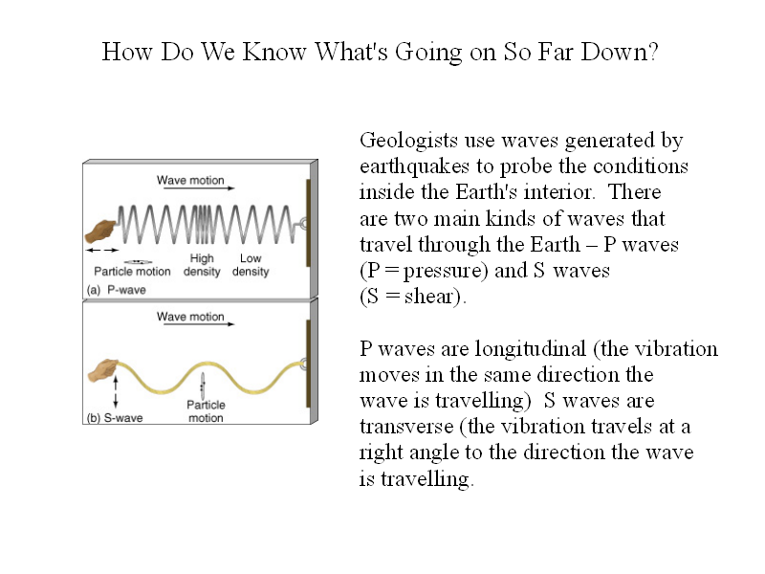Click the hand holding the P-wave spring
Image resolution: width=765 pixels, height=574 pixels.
point(100,232)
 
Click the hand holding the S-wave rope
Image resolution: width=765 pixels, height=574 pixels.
point(103,370)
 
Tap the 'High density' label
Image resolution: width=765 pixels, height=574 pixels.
point(202,265)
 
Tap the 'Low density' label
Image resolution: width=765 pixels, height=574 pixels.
point(251,265)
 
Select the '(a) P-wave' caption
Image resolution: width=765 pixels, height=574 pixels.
point(116,290)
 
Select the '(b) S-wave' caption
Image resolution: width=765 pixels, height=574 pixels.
point(115,418)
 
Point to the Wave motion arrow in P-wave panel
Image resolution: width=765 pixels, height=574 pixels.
point(199,188)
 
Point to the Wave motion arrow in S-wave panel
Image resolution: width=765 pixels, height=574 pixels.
point(199,324)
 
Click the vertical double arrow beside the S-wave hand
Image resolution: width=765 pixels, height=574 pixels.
point(116,391)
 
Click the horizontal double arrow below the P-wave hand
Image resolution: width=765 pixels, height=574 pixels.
point(102,250)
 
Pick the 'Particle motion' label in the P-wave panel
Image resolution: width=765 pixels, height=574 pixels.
point(132,272)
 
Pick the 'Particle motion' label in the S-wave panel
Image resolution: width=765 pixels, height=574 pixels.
point(206,411)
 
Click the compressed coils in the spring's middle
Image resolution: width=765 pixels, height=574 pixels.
point(204,225)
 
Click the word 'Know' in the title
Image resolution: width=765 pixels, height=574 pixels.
point(274,52)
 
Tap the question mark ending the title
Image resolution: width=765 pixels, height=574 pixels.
point(653,52)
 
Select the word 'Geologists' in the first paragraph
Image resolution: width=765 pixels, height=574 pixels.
point(408,142)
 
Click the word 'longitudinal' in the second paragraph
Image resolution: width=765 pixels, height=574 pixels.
point(531,348)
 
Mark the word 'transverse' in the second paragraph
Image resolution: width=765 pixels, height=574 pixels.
point(405,427)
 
